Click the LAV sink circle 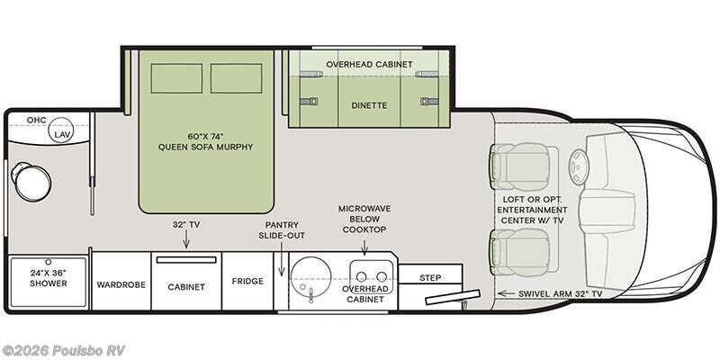click(61, 130)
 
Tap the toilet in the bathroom click(31, 182)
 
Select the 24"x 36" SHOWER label click(49, 278)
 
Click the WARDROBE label click(121, 284)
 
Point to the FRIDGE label click(247, 281)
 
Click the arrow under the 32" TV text click(186, 239)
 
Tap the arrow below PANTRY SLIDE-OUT click(282, 259)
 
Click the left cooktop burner click(362, 276)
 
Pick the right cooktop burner click(382, 276)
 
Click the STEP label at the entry click(430, 278)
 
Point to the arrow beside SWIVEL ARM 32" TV click(506, 293)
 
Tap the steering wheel click(579, 167)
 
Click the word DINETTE click(369, 105)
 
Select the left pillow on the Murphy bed click(176, 78)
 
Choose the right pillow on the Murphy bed click(237, 78)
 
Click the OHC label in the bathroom click(36, 121)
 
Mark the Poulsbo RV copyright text click(63, 350)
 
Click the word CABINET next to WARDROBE click(186, 287)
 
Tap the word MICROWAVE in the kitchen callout click(364, 209)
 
